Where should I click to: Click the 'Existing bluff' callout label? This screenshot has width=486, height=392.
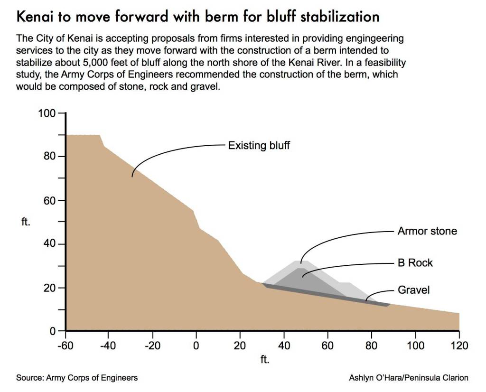coord(259,145)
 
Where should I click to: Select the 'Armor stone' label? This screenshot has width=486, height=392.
coord(427,231)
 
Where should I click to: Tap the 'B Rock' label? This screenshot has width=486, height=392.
coord(415,262)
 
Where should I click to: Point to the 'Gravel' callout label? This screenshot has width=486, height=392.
coord(414,289)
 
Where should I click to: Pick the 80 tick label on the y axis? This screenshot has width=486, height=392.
coord(50,157)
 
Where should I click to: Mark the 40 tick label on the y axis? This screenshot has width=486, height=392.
coord(50,244)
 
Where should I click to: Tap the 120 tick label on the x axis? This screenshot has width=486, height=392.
coord(459,345)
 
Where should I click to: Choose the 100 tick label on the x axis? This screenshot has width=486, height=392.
coord(416,345)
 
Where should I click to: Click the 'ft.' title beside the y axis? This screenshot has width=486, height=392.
coord(27,222)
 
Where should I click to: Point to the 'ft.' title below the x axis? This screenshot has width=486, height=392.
coord(265,359)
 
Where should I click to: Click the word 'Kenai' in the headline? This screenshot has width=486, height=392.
coord(35,17)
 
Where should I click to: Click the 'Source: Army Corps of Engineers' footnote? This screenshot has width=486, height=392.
coord(77,378)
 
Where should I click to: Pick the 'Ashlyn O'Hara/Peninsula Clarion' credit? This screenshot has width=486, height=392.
coord(409,378)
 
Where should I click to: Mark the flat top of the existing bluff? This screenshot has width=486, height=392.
coord(83,136)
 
